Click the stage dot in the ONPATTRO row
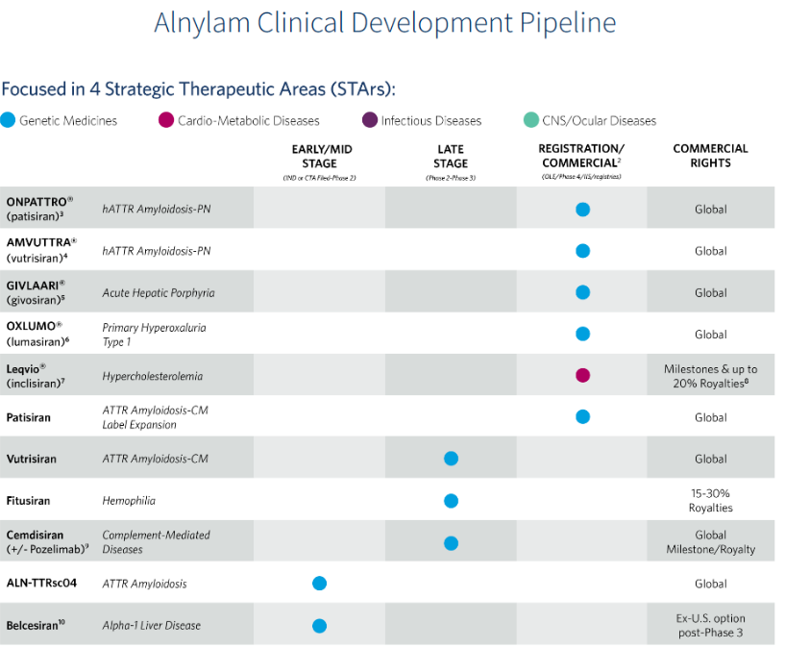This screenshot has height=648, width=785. click(582, 209)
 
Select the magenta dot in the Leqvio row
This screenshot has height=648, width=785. click(582, 375)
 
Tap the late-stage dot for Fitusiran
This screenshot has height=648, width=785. click(451, 500)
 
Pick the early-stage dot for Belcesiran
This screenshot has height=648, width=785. click(320, 625)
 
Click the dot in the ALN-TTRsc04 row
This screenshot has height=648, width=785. click(320, 584)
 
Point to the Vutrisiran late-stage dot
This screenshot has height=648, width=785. click(451, 459)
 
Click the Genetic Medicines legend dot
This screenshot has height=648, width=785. click(9, 120)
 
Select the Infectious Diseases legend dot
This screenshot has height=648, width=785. click(369, 120)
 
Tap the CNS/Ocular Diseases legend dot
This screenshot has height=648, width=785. click(531, 120)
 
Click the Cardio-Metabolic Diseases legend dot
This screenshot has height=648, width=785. click(166, 120)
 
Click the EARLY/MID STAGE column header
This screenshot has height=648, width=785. click(320, 157)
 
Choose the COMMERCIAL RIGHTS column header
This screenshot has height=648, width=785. click(710, 156)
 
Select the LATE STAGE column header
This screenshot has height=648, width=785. click(451, 157)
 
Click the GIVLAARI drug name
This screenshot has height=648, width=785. click(36, 285)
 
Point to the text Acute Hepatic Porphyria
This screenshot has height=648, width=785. click(159, 292)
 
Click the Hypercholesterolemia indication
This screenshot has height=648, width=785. click(153, 376)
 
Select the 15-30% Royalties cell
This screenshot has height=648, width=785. click(710, 500)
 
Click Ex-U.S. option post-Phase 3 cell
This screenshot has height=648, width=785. click(710, 625)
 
